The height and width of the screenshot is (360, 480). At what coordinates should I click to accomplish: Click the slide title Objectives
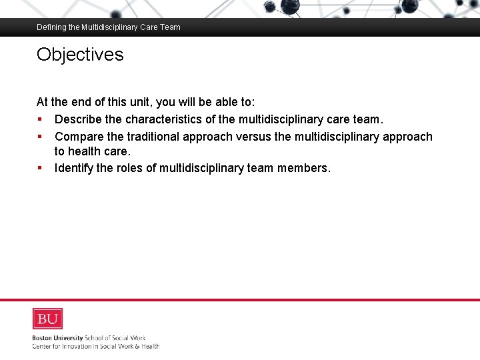[80, 54]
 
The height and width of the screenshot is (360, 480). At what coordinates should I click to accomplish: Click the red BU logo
[47, 319]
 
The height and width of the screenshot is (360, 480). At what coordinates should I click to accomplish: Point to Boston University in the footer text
[57, 338]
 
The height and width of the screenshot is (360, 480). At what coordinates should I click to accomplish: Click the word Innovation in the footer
[75, 346]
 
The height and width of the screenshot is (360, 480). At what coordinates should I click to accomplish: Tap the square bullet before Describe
[40, 120]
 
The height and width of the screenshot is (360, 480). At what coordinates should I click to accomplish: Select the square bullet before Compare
[40, 137]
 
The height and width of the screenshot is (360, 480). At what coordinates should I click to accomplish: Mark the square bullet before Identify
[40, 168]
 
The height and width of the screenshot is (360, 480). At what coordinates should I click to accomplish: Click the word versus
[254, 137]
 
